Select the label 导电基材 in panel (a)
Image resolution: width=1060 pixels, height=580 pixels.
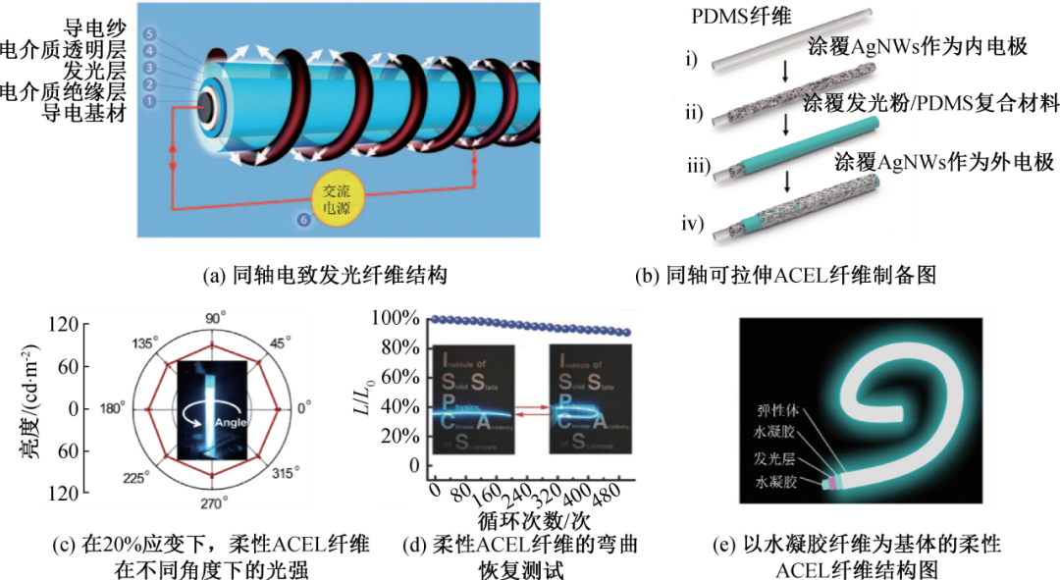(x=83, y=112)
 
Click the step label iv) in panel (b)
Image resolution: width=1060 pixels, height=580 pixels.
(x=698, y=224)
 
